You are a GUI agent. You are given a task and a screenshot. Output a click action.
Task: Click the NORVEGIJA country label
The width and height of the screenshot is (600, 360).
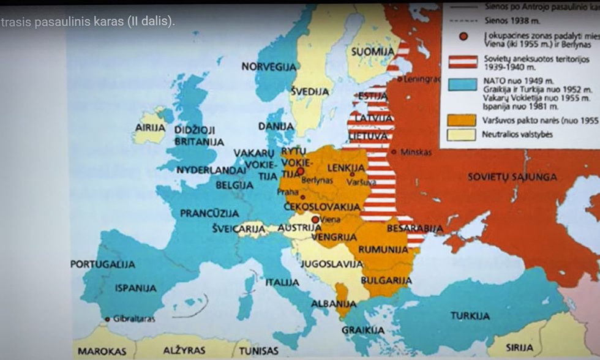[x=268, y=66]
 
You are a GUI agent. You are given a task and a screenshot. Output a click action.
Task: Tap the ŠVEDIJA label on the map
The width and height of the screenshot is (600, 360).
[x=309, y=91]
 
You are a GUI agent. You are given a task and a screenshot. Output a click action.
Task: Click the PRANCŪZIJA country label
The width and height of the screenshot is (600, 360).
[x=209, y=213]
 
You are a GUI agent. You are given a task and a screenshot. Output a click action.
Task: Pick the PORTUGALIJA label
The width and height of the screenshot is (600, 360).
[x=103, y=264]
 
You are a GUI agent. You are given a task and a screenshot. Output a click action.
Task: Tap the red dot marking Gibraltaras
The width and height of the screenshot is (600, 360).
[x=108, y=318]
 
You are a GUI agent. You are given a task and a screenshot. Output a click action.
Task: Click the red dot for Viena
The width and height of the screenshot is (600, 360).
[x=315, y=219]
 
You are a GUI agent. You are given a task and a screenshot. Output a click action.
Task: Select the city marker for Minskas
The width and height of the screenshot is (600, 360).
[x=394, y=152]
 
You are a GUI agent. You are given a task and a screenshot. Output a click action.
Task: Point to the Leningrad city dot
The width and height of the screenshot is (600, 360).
[x=399, y=79]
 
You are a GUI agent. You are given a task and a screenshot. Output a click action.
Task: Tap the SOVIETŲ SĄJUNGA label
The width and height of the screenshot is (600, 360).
[x=512, y=177]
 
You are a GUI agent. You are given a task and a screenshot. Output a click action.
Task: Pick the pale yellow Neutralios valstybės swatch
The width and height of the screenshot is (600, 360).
[x=461, y=134]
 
